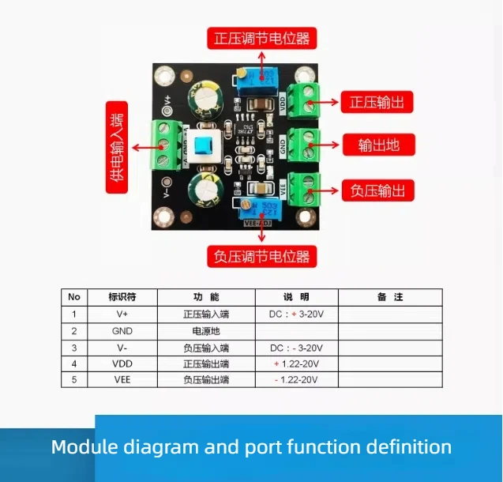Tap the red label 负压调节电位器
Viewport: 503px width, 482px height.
[x=261, y=256]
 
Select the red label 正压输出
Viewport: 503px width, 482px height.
[x=377, y=102]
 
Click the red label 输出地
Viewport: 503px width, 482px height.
[x=377, y=145]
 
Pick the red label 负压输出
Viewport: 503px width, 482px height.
[x=377, y=190]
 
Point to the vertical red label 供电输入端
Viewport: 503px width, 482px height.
[x=118, y=147]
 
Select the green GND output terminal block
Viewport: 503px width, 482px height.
[x=304, y=144]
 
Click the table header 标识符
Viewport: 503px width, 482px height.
[x=122, y=297]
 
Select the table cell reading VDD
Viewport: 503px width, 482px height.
[x=122, y=363]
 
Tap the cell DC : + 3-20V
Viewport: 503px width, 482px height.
[x=296, y=314]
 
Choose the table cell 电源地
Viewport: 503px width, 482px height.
[x=205, y=330]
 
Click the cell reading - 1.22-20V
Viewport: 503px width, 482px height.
[x=296, y=379]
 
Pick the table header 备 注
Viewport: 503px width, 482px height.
[x=390, y=297]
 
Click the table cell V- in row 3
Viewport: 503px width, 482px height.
[x=122, y=347]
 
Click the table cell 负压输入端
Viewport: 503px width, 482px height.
[x=205, y=347]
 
